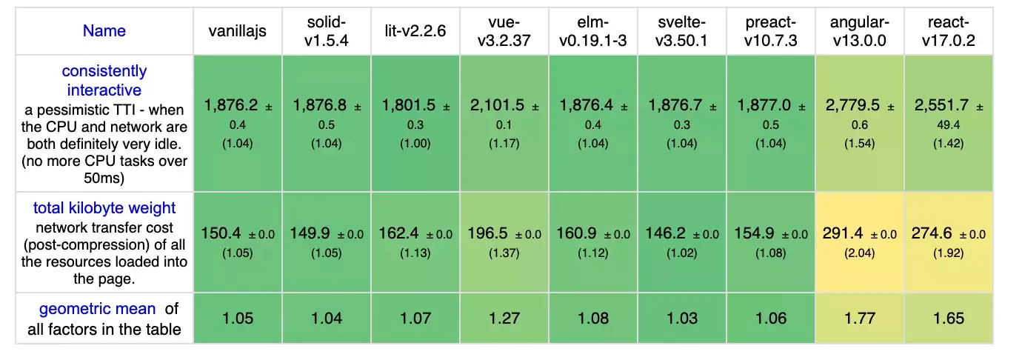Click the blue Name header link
click(x=104, y=31)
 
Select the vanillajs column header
click(x=237, y=32)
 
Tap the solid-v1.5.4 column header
click(x=326, y=32)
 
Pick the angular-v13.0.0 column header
click(x=859, y=32)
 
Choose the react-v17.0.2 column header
click(x=948, y=32)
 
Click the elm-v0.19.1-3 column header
click(x=592, y=32)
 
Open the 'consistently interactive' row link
click(x=104, y=81)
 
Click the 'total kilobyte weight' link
click(x=104, y=208)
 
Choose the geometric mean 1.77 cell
click(x=859, y=319)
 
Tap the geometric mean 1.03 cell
click(x=681, y=319)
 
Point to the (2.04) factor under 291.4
click(x=859, y=252)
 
